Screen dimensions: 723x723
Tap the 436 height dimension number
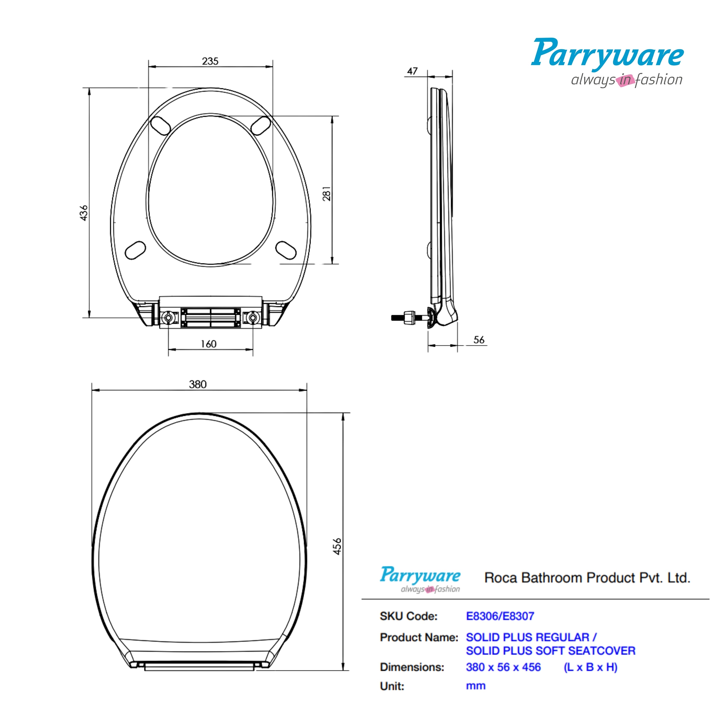tap(84, 213)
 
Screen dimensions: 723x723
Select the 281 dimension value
tap(327, 193)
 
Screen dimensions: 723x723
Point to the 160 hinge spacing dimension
tap(208, 344)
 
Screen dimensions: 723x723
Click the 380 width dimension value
tap(198, 384)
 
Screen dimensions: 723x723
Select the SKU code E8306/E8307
tap(500, 616)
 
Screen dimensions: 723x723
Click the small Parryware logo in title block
tap(420, 579)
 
